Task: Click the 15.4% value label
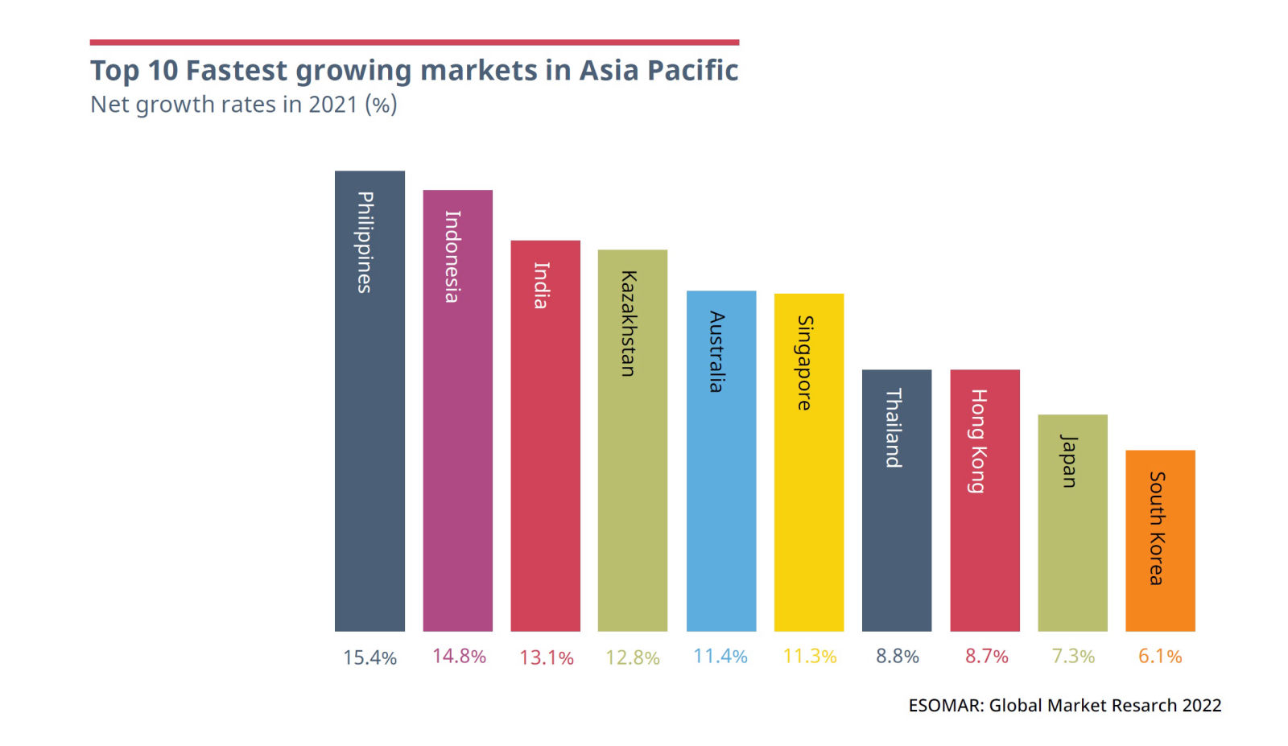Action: [369, 657]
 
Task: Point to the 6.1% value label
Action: [1160, 657]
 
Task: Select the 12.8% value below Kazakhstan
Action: [633, 657]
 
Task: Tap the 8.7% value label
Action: [986, 657]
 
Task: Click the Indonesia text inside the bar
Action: [452, 256]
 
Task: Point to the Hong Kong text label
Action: [978, 440]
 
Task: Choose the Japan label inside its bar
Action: [1069, 460]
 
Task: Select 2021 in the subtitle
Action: [332, 105]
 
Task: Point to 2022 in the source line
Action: [1202, 706]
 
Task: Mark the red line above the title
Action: [414, 42]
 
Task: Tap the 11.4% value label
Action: [720, 657]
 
